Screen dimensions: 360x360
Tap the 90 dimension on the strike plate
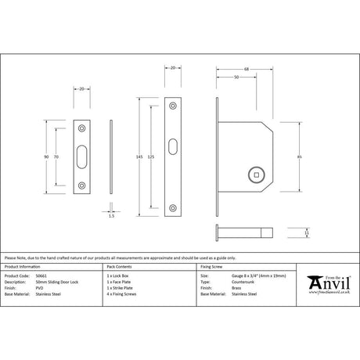[x=47, y=157]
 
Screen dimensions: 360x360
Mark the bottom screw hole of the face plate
[x=173, y=207]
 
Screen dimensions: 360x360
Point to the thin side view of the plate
[x=112, y=157]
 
